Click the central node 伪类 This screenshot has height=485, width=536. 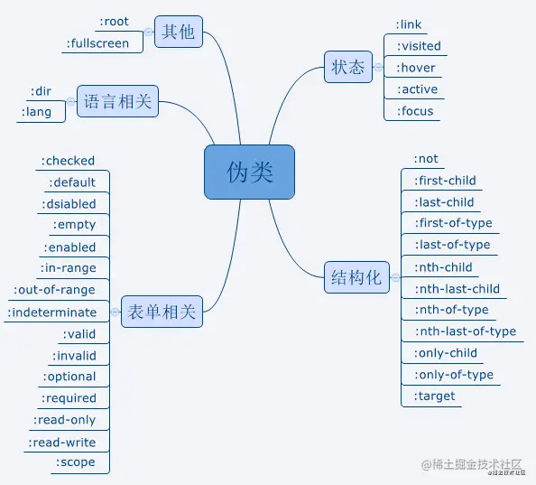click(249, 172)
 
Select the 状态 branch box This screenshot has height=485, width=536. click(348, 67)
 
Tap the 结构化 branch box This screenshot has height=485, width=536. click(356, 277)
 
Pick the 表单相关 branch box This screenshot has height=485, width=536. click(162, 312)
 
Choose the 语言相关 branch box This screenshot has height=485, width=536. click(117, 102)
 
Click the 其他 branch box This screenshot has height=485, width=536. click(178, 32)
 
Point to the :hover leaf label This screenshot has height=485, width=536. click(416, 68)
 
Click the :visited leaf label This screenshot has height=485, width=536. click(419, 46)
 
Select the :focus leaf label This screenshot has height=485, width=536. click(415, 111)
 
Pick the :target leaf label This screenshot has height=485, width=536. click(434, 396)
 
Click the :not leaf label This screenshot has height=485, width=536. click(426, 159)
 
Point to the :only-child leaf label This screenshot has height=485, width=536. click(446, 353)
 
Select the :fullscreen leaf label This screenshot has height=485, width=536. click(97, 42)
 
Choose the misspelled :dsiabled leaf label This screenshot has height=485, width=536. click(69, 204)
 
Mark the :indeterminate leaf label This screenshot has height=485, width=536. click(52, 312)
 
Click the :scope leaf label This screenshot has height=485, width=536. click(75, 462)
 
